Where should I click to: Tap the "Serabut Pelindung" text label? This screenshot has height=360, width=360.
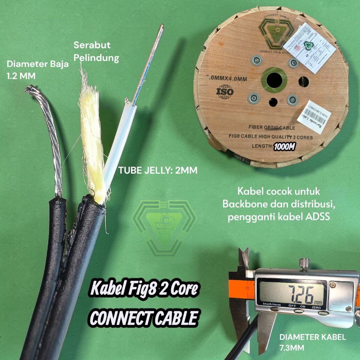(x=96, y=51)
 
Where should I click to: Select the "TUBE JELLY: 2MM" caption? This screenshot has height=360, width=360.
(x=157, y=170)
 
